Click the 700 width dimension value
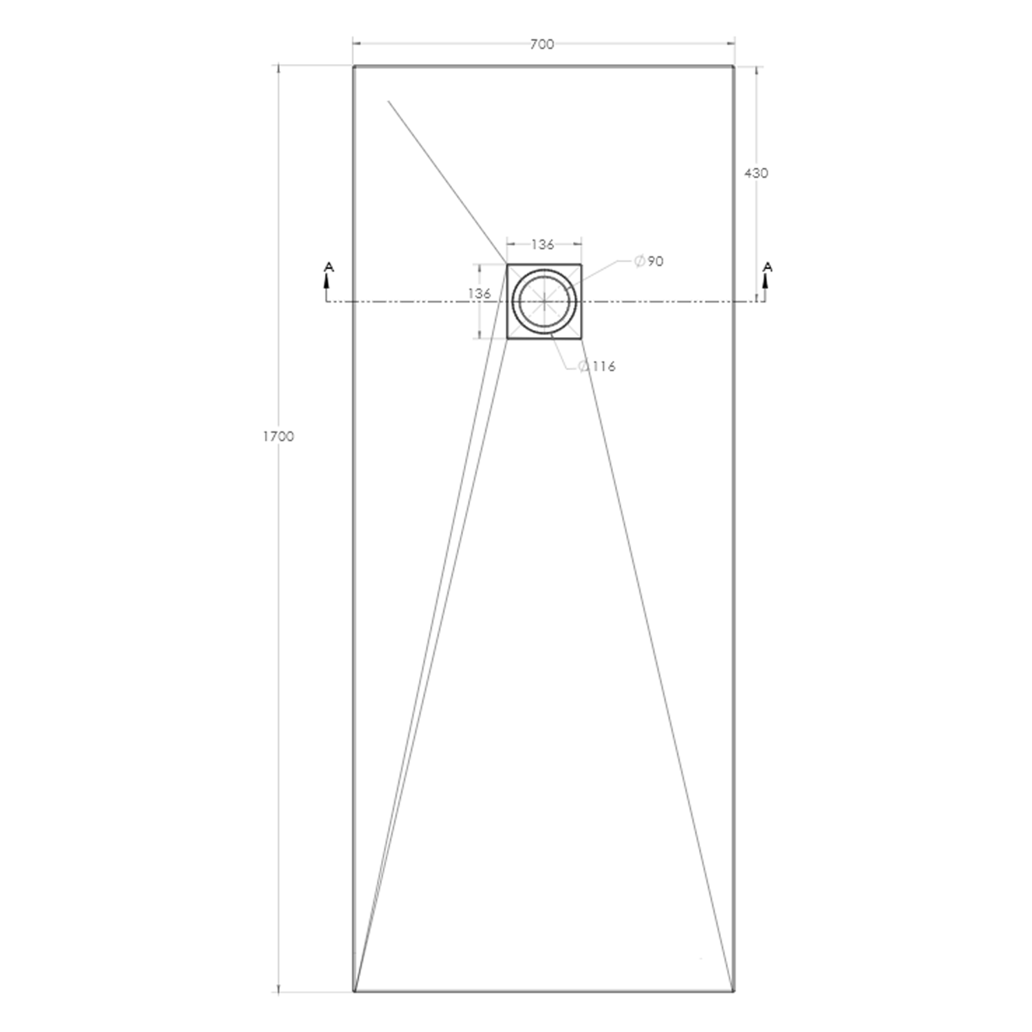541,45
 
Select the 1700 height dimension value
278,436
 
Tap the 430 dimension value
756,173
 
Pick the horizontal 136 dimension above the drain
543,244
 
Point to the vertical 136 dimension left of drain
480,294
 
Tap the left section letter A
329,266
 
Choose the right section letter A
768,266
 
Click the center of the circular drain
544,301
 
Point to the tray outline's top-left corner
354,67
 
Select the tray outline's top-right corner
733,67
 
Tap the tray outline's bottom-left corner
354,992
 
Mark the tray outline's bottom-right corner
733,992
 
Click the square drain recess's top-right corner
581,264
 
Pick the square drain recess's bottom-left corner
508,338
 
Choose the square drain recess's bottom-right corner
581,338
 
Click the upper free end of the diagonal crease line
389,101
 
